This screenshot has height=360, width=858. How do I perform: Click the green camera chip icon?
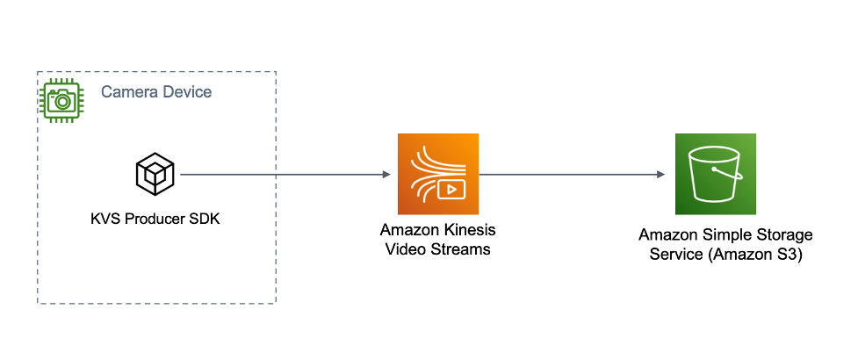(x=62, y=99)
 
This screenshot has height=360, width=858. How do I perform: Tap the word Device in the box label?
(x=184, y=92)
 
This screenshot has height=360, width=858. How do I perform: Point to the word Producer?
(x=148, y=219)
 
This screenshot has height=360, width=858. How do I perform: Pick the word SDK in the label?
(x=203, y=219)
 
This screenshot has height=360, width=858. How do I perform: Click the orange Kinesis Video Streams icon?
(x=437, y=174)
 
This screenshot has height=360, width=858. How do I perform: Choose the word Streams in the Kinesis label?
(x=458, y=249)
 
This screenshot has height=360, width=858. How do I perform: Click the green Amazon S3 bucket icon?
(x=716, y=174)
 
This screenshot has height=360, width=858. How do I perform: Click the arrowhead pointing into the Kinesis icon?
(x=386, y=175)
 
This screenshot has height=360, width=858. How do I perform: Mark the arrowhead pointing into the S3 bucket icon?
(x=660, y=175)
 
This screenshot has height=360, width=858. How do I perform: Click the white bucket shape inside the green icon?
(x=716, y=177)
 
